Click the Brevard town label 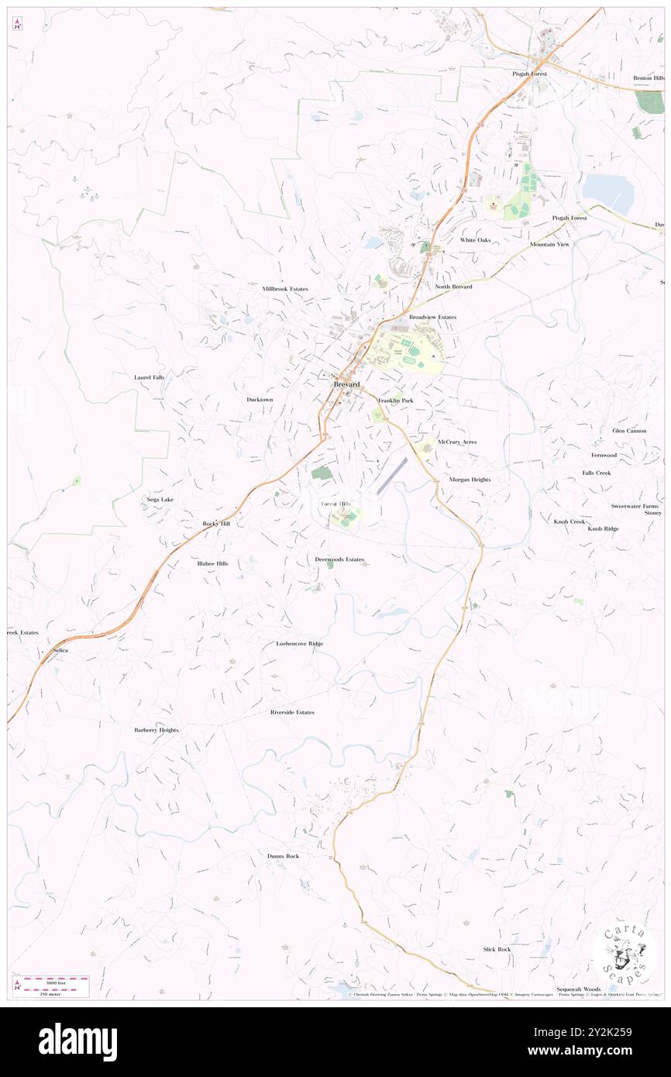(x=346, y=385)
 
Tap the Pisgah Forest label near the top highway (x=529, y=74)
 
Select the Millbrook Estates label (x=284, y=288)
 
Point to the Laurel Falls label (x=149, y=377)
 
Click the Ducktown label (x=260, y=399)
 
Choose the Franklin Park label (x=395, y=400)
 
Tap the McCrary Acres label (x=456, y=442)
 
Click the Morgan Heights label (x=470, y=480)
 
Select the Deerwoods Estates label (x=339, y=559)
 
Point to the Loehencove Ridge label (x=300, y=644)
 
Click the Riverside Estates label (x=292, y=712)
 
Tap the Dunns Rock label (x=283, y=855)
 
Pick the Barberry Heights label (x=157, y=730)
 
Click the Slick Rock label (x=497, y=949)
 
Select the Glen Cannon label (x=628, y=431)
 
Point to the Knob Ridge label (x=603, y=528)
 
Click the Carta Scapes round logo (x=624, y=955)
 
